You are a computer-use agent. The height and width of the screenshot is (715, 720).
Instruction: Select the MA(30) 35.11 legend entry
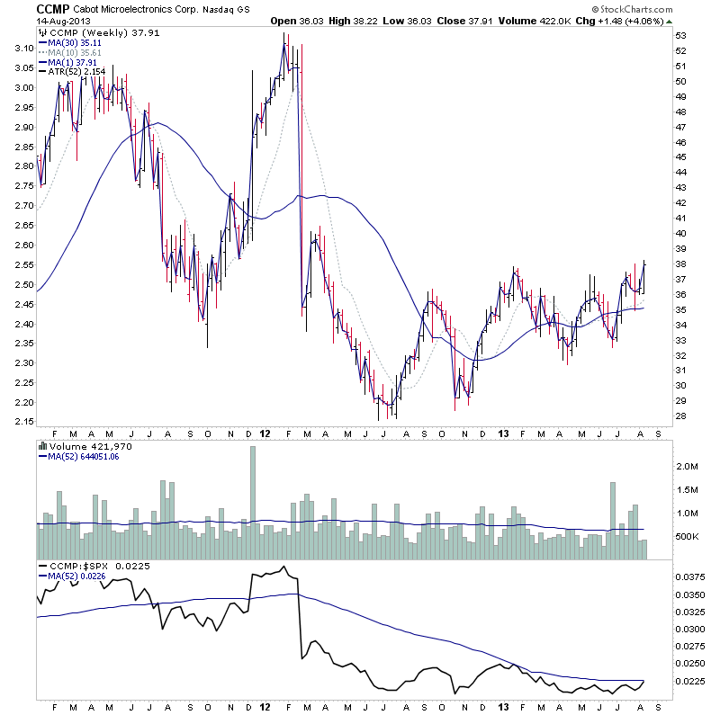(x=71, y=42)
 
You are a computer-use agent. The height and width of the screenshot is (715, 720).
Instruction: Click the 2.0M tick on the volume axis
(x=687, y=467)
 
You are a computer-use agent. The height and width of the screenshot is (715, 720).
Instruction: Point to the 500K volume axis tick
(x=687, y=537)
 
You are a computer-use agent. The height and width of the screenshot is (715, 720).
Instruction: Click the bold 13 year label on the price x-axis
(x=501, y=433)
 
